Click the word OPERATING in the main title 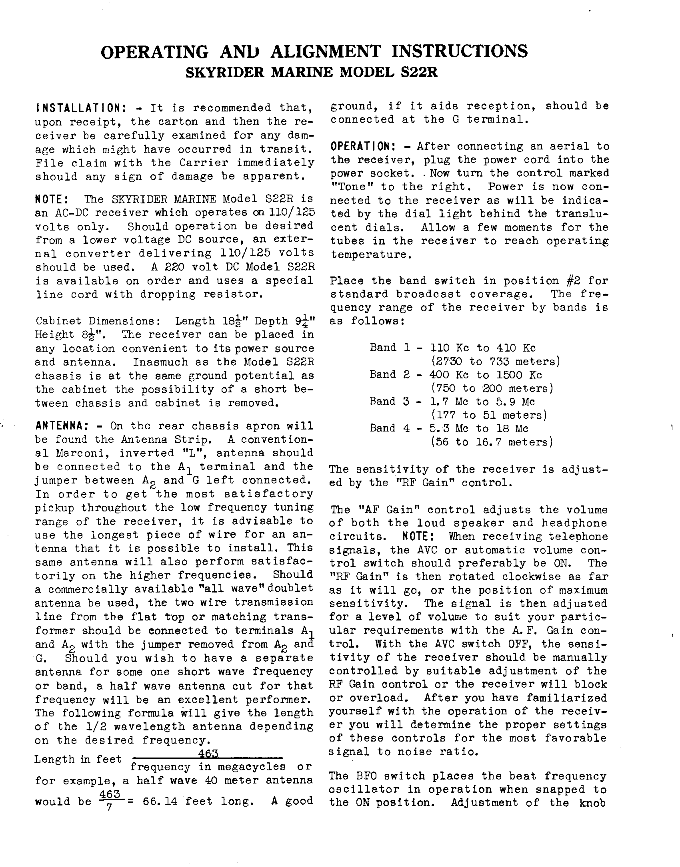[x=154, y=52]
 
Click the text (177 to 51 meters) [x=489, y=415]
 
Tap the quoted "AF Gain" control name [x=375, y=510]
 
